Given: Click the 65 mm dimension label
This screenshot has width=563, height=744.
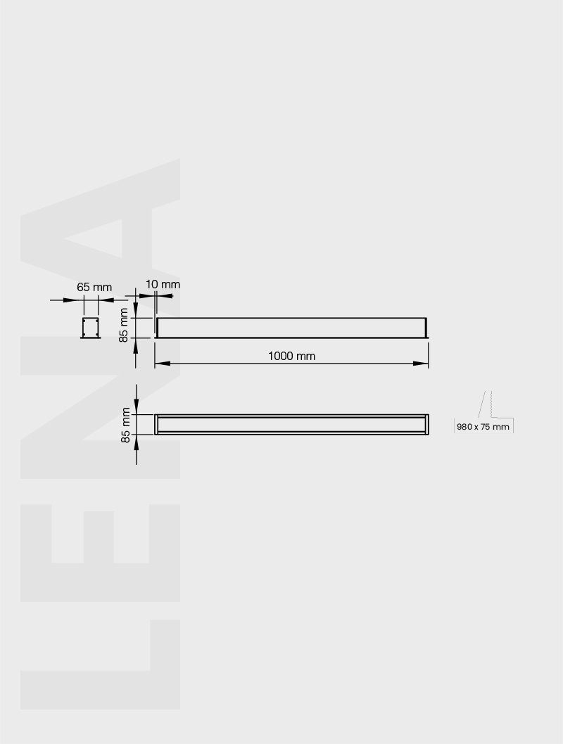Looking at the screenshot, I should pyautogui.click(x=94, y=287).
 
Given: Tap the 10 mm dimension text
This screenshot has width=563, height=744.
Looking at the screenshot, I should pyautogui.click(x=163, y=284).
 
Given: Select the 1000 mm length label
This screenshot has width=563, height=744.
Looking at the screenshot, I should pyautogui.click(x=291, y=356).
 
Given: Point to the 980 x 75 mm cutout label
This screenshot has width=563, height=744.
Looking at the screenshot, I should pyautogui.click(x=483, y=426).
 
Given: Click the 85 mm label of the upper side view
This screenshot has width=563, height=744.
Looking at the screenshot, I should pyautogui.click(x=124, y=325).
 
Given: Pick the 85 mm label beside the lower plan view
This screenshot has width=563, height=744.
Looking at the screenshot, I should pyautogui.click(x=126, y=425).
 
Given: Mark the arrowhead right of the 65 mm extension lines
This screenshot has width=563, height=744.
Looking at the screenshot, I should pyautogui.click(x=106, y=300).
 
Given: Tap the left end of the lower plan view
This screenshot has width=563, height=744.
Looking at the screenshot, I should pyautogui.click(x=156, y=425).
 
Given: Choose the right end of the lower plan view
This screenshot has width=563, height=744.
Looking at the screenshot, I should pyautogui.click(x=426, y=425).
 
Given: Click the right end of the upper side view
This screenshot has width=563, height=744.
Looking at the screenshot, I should pyautogui.click(x=426, y=328).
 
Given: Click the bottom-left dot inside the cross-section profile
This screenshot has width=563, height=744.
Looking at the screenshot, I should pyautogui.click(x=84, y=335).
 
